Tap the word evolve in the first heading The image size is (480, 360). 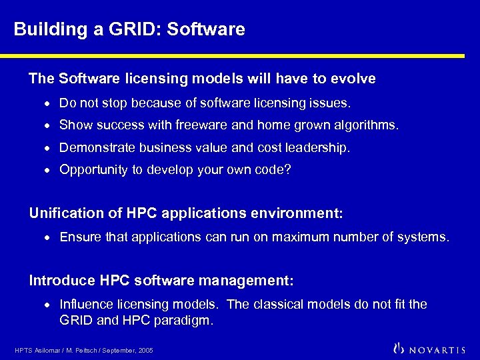353,79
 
